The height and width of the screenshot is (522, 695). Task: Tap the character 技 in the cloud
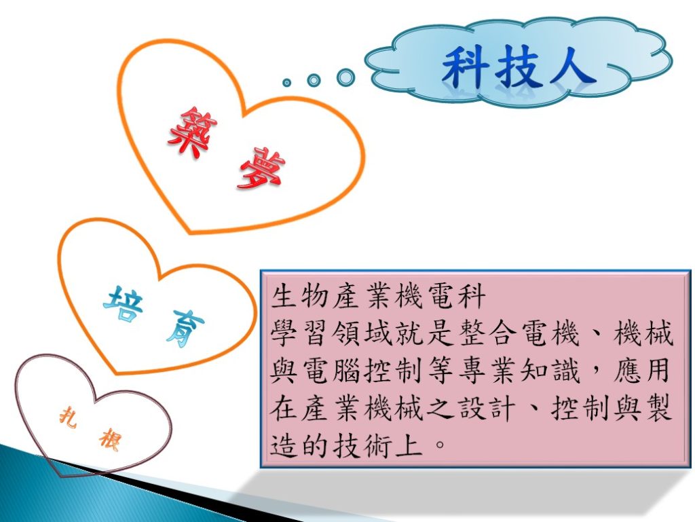click(518, 69)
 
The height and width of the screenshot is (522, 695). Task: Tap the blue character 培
click(124, 305)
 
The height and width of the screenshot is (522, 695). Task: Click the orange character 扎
click(69, 418)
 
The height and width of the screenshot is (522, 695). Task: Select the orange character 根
click(109, 440)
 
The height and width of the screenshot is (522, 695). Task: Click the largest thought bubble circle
click(345, 77)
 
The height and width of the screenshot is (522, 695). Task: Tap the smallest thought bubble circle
click(287, 82)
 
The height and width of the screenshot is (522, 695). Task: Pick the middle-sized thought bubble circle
click(314, 80)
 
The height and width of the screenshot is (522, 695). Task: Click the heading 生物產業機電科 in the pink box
click(378, 296)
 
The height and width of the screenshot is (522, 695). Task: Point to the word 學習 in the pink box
click(299, 333)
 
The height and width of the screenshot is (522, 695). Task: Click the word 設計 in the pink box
click(487, 408)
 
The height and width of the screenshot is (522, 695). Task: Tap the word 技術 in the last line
click(361, 445)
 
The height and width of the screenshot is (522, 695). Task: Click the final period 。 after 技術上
click(440, 443)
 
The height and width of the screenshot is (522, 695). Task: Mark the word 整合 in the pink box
click(487, 333)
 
